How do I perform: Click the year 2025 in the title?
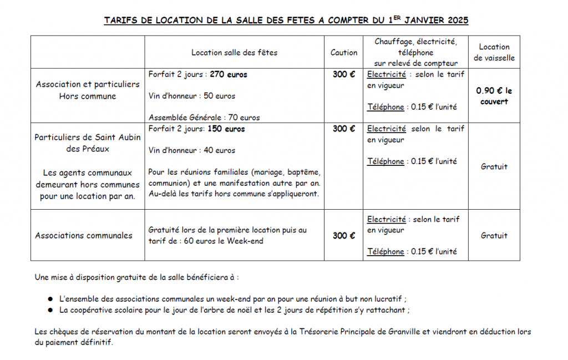456,21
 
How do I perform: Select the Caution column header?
344,52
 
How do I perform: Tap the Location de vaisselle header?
494,52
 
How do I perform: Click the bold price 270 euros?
229,74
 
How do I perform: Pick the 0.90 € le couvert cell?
494,96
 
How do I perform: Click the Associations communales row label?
84,235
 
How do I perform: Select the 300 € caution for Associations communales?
344,235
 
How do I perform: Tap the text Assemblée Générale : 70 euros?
204,117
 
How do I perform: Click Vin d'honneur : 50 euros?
192,96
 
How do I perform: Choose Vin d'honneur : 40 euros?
192,150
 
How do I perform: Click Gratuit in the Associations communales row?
494,235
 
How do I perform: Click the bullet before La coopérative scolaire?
50,311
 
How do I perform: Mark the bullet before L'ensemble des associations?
50,299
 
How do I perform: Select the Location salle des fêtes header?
234,52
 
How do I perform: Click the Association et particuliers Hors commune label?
88,90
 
